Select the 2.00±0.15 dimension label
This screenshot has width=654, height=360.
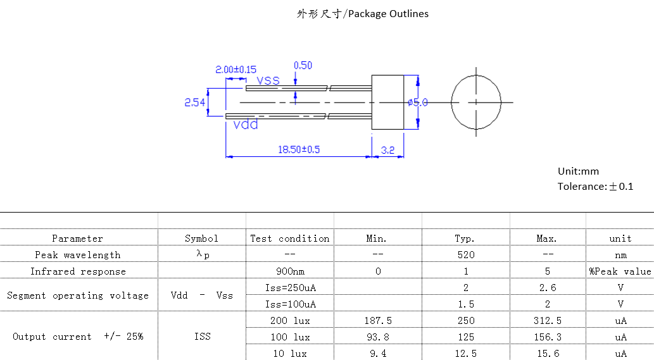(236, 69)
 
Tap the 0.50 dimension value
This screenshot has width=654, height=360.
(303, 65)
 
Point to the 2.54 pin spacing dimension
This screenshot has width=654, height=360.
(194, 102)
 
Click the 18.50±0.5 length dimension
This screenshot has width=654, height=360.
(299, 150)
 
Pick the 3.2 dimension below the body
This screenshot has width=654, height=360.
(387, 150)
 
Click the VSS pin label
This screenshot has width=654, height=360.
(268, 80)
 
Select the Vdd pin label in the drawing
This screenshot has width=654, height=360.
(246, 125)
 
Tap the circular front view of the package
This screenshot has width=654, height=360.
(476, 102)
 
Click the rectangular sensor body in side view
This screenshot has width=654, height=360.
(387, 102)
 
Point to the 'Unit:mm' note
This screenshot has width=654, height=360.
(578, 171)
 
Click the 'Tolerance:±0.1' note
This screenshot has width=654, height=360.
(595, 186)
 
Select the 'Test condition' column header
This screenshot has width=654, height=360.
(290, 239)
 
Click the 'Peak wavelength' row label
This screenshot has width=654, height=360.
(78, 255)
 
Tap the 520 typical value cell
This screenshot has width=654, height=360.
(465, 255)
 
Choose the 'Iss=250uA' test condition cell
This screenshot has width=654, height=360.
(290, 287)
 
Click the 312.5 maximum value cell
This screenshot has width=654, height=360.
(548, 321)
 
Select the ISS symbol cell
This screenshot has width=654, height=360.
(202, 337)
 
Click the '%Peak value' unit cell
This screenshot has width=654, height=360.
(620, 271)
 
